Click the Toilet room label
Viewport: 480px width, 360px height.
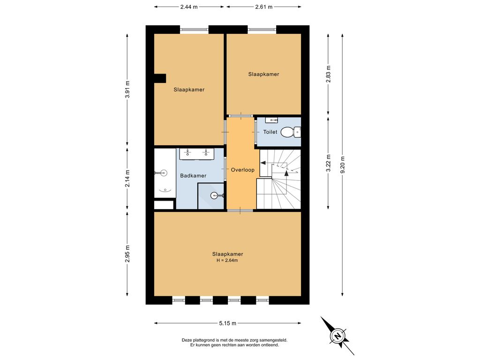click(270, 132)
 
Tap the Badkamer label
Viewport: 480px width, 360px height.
click(193, 176)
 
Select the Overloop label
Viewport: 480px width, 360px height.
click(242, 170)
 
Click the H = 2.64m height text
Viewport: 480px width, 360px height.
click(227, 261)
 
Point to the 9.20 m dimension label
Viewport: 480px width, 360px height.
click(343, 165)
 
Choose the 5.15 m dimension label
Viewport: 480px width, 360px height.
click(227, 323)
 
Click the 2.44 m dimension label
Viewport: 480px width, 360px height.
click(189, 7)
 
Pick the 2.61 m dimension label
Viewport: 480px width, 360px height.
click(263, 7)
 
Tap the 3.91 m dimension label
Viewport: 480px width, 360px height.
click(127, 89)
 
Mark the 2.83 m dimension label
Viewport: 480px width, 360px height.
click(328, 74)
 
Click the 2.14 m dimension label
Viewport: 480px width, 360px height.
click(127, 178)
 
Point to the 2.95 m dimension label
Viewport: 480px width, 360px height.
click(127, 254)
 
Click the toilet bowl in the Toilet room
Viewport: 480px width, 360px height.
click(291, 132)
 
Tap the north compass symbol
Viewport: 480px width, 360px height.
click(337, 336)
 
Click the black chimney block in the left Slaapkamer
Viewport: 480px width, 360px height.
click(160, 78)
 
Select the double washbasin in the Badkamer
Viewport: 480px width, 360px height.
click(197, 154)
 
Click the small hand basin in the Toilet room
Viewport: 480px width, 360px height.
click(271, 120)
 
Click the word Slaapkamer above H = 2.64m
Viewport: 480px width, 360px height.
click(227, 254)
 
